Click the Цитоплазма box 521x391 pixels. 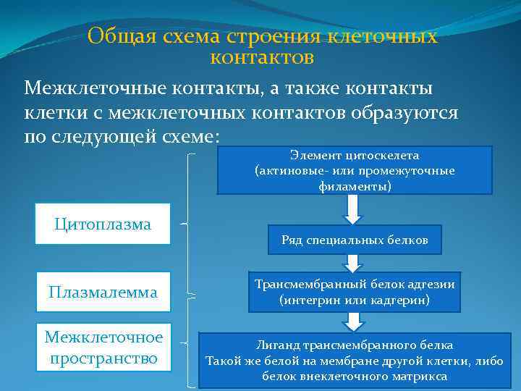[103, 224]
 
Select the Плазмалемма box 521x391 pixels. [103, 292]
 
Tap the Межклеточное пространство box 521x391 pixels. [103, 346]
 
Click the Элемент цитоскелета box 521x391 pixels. [355, 171]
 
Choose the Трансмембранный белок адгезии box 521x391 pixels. [355, 292]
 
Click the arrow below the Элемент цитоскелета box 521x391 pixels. [353, 209]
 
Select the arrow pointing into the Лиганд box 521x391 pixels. [353, 321]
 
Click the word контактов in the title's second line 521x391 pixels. [262, 56]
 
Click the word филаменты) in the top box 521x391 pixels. [355, 186]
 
